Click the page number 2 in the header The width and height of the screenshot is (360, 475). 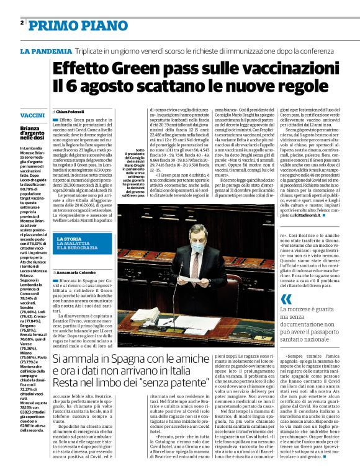(x=22, y=22)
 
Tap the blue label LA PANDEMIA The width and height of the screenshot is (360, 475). (x=45, y=51)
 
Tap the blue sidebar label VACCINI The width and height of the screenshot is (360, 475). (x=32, y=116)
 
